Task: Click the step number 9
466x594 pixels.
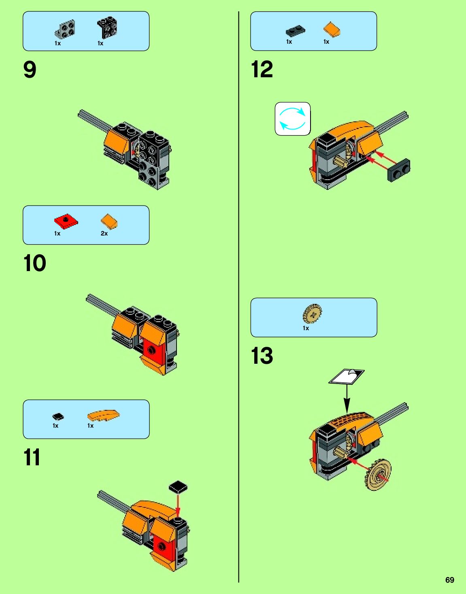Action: click(x=30, y=70)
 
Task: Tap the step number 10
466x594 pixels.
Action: click(x=35, y=263)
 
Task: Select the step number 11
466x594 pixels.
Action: click(x=32, y=457)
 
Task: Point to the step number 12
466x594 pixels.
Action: click(x=262, y=70)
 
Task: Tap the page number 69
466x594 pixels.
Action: click(x=450, y=580)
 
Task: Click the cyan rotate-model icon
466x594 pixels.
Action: click(x=292, y=119)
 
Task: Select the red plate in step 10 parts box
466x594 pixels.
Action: click(x=66, y=221)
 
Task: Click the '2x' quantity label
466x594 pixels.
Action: click(x=104, y=233)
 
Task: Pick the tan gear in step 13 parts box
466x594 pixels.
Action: click(x=312, y=313)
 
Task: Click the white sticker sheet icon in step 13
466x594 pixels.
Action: click(x=346, y=376)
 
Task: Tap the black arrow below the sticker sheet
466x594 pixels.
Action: click(x=347, y=399)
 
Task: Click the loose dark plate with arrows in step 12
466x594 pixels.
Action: click(x=399, y=170)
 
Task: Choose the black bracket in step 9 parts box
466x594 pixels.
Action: click(x=107, y=28)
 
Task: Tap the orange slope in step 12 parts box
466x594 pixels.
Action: click(x=332, y=30)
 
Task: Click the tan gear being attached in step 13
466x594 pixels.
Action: click(x=378, y=475)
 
